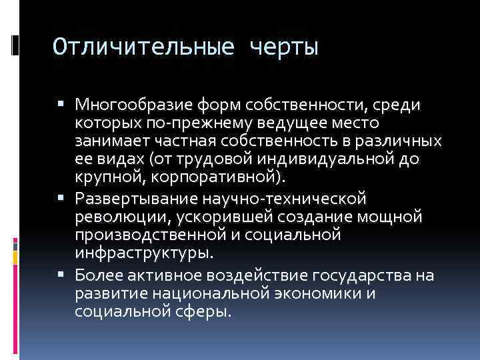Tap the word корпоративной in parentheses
tap(213, 178)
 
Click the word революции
tap(117, 217)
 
